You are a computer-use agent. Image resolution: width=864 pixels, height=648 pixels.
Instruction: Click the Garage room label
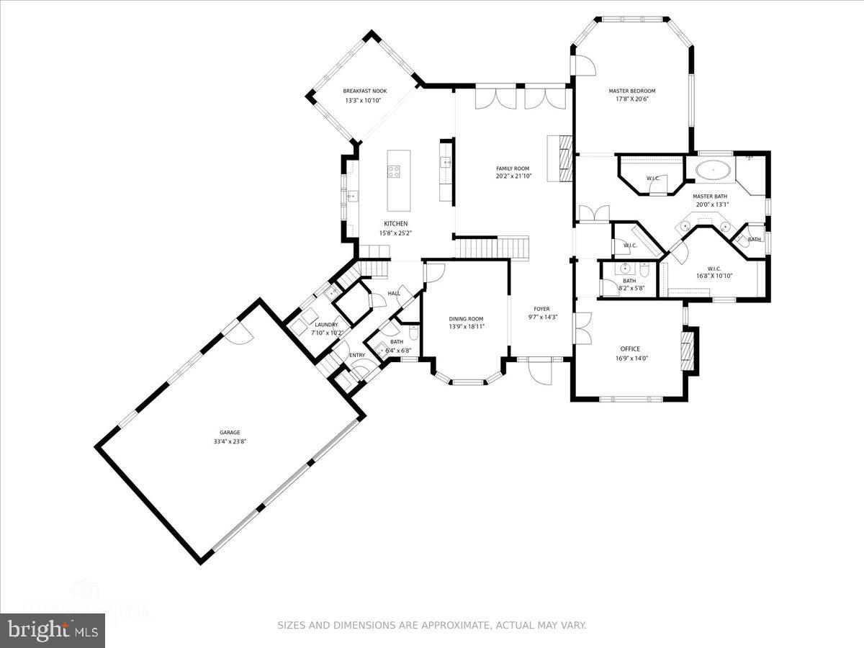point(230,433)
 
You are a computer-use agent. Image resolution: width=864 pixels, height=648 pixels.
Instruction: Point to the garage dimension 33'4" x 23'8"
point(230,442)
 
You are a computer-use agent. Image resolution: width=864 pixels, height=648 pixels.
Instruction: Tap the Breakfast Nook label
point(364,91)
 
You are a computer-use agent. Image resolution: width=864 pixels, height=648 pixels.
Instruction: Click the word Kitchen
point(395,223)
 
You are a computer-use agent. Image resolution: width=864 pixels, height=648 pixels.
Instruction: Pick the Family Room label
point(513,168)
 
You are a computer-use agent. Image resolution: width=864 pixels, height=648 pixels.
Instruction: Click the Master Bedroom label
point(631,91)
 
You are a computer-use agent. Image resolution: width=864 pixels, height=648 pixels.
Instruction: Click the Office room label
point(630,349)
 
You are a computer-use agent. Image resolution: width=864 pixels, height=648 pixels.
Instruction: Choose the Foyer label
point(541,309)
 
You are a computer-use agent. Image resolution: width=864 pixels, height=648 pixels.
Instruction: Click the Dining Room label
point(466,318)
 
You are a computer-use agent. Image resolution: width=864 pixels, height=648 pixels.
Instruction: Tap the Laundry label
point(326,325)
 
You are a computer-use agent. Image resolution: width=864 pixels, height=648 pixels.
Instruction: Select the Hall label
point(394,293)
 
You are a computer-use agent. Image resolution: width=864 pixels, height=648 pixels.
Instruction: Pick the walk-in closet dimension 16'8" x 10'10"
point(714,276)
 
